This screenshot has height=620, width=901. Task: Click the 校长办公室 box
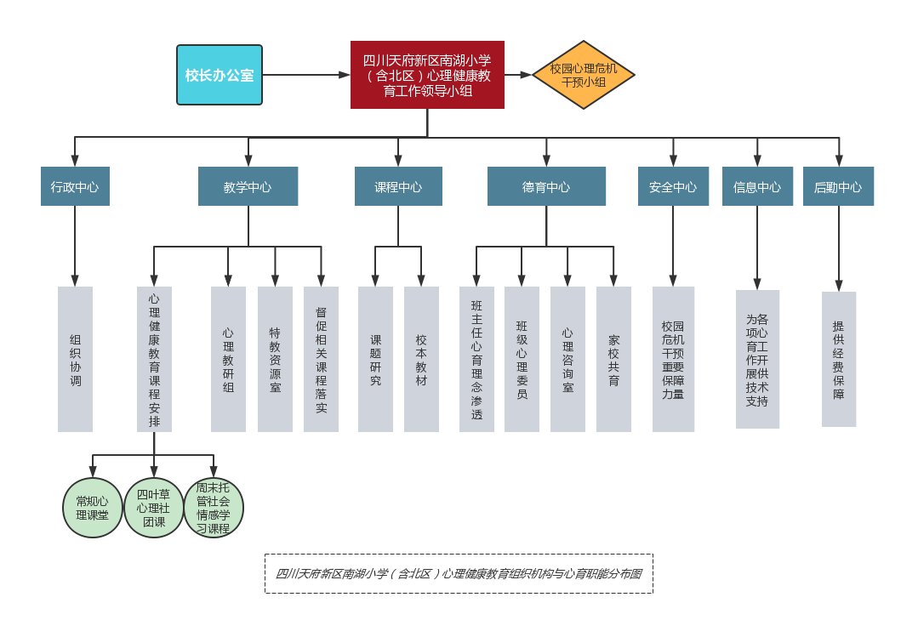pyautogui.click(x=220, y=75)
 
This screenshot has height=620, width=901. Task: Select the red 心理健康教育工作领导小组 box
pyautogui.click(x=427, y=75)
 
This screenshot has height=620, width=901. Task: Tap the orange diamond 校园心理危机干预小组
pyautogui.click(x=584, y=75)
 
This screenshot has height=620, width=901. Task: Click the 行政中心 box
pyautogui.click(x=75, y=186)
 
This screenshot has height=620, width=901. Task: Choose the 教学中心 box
pyautogui.click(x=248, y=186)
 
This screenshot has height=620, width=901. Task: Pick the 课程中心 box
pyautogui.click(x=398, y=186)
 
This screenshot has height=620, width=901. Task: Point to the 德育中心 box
pyautogui.click(x=546, y=186)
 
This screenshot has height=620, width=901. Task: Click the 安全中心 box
pyautogui.click(x=673, y=186)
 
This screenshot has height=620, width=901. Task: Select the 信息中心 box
pyautogui.click(x=757, y=186)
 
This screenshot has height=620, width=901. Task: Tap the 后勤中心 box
pyautogui.click(x=838, y=186)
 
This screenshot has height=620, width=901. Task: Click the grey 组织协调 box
pyautogui.click(x=75, y=359)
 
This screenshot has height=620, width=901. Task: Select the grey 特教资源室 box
pyautogui.click(x=275, y=359)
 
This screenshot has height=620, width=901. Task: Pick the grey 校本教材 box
pyautogui.click(x=421, y=359)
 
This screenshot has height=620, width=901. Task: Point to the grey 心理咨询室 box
pyautogui.click(x=567, y=359)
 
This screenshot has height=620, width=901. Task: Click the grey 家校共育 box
pyautogui.click(x=613, y=359)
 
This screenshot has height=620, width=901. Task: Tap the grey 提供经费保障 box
pyautogui.click(x=839, y=359)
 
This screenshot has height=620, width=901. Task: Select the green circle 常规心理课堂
pyautogui.click(x=93, y=508)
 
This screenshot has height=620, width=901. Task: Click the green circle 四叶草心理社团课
pyautogui.click(x=154, y=508)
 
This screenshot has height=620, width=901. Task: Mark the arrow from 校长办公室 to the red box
pyautogui.click(x=306, y=75)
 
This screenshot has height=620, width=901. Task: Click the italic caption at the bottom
pyautogui.click(x=459, y=573)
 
